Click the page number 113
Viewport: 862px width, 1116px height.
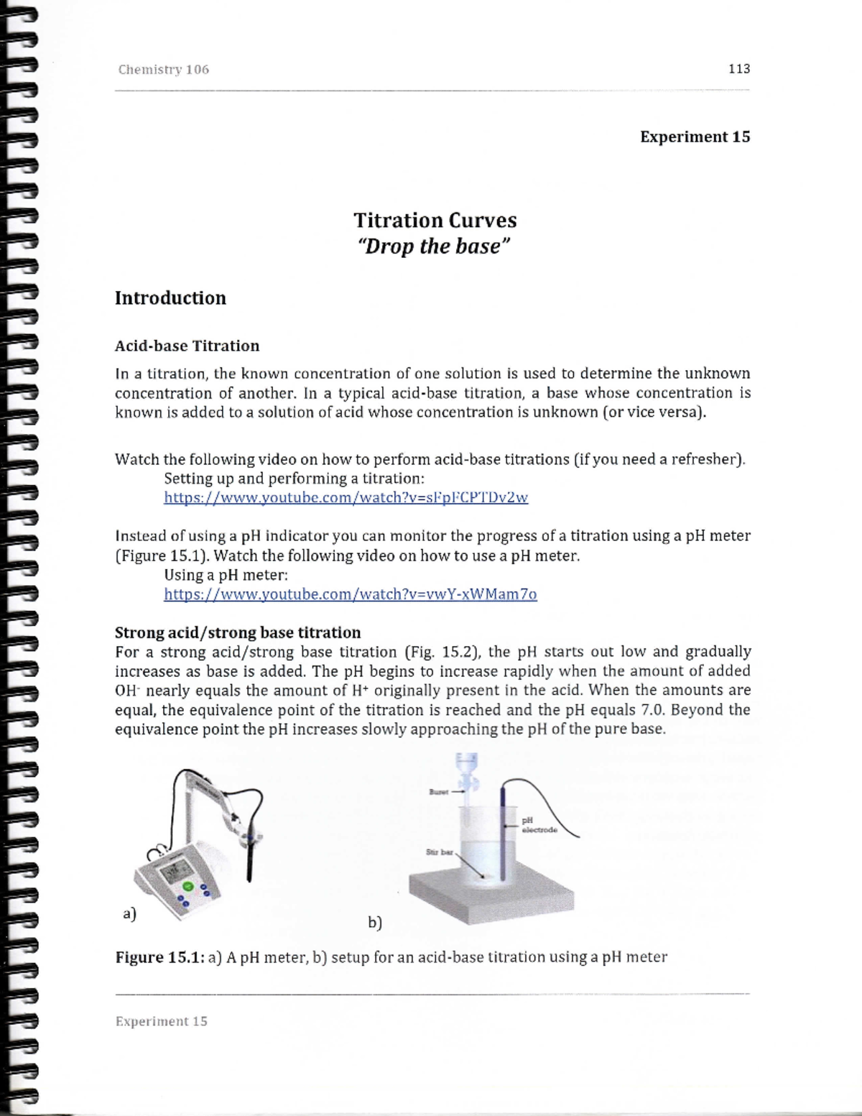pos(738,69)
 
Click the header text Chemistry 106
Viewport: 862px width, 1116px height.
pos(164,70)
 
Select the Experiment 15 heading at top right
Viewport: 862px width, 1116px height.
pos(695,137)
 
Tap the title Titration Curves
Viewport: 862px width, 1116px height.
pos(435,220)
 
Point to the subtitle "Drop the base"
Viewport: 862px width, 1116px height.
pos(434,246)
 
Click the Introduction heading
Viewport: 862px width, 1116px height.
pos(170,298)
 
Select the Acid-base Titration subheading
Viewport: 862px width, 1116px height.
pos(187,346)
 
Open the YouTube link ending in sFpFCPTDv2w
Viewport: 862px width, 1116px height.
pos(346,497)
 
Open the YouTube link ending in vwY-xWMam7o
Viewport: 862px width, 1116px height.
pos(350,594)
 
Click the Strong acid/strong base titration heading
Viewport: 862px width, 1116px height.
pos(238,632)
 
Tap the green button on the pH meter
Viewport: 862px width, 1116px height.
pos(188,887)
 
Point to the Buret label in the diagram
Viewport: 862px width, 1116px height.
pos(437,792)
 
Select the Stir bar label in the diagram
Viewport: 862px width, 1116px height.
pos(439,852)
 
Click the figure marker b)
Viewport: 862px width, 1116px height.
pos(374,923)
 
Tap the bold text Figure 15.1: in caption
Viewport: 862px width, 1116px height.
pos(160,957)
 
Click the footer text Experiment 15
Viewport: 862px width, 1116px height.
pos(162,1021)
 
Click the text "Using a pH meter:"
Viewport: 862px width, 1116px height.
pos(226,575)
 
